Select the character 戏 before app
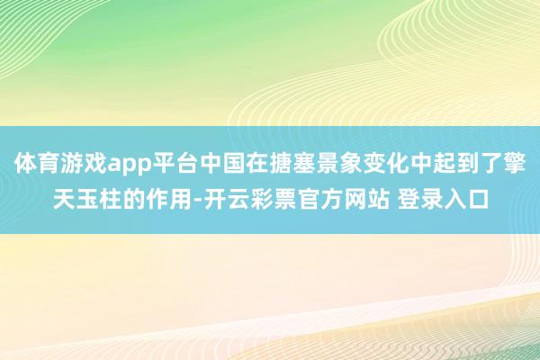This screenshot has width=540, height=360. pos(94,165)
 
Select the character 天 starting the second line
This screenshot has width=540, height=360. pos(64,196)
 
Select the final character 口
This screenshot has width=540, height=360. pos(478,196)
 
